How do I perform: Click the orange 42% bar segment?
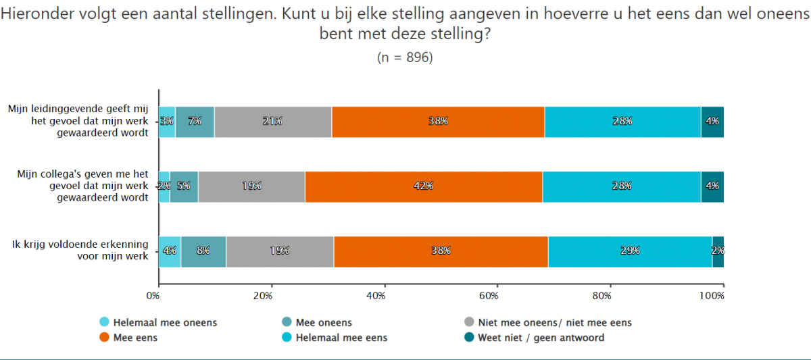pos(424,186)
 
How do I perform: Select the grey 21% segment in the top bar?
pos(273,122)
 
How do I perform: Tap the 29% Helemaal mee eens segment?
pos(630,251)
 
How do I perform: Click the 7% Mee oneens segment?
pos(195,122)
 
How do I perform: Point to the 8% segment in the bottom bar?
pos(203,251)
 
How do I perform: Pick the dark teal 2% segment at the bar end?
pos(718,251)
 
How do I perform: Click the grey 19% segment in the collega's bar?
pos(251,186)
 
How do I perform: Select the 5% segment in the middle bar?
pos(184,186)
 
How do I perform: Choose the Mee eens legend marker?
pos(105,338)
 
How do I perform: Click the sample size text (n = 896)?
pos(405,57)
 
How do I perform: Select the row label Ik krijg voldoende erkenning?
pos(80,251)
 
